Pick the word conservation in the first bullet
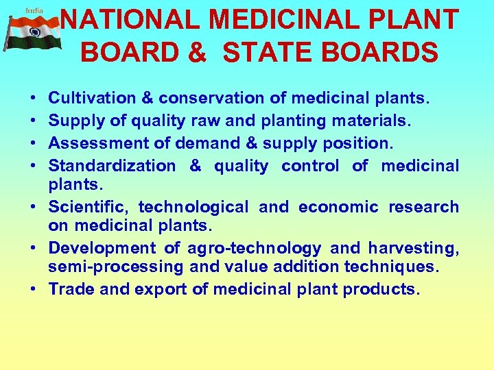coord(216,99)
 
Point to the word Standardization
coord(112,165)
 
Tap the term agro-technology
coord(254,248)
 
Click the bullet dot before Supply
coord(34,121)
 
